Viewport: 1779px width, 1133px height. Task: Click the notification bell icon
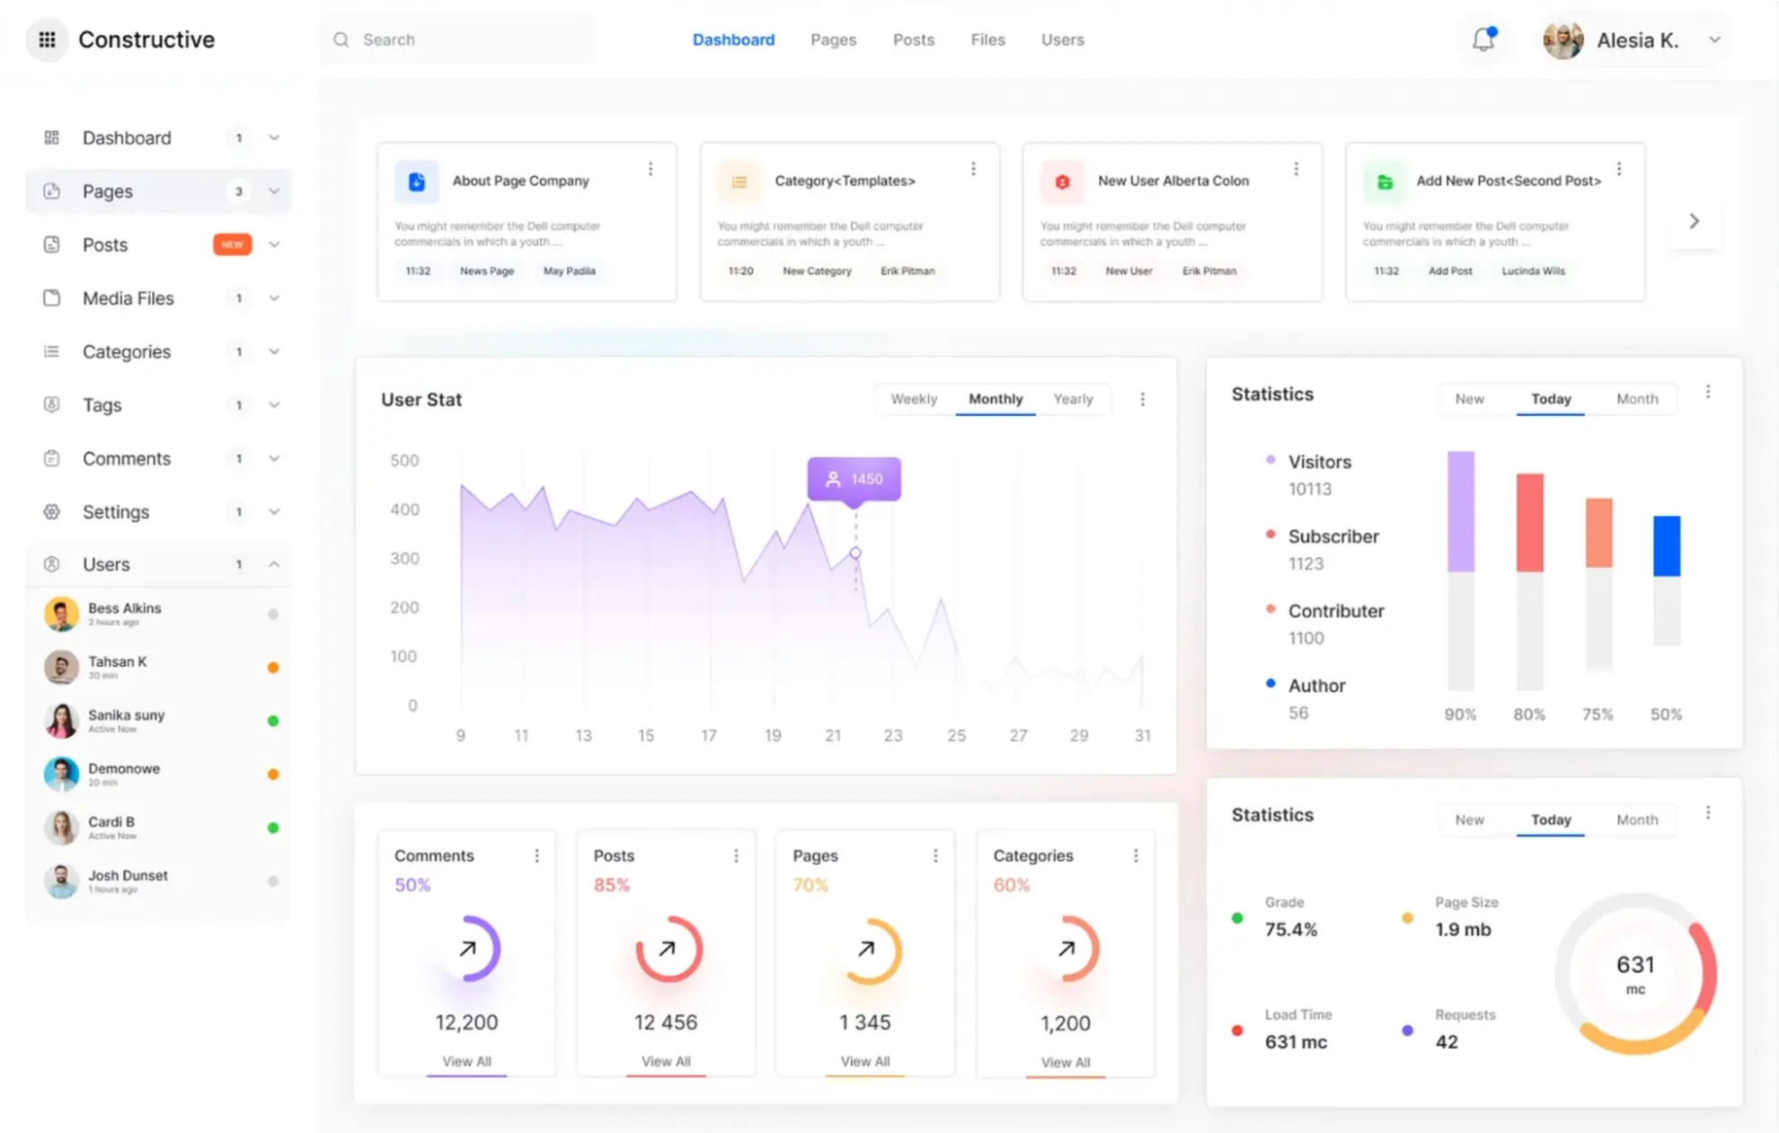pyautogui.click(x=1483, y=40)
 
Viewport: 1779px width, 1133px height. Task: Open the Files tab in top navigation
pyautogui.click(x=987, y=40)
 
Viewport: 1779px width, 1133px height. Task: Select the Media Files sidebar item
pyautogui.click(x=128, y=298)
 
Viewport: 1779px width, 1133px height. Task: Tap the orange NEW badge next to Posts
pyautogui.click(x=232, y=244)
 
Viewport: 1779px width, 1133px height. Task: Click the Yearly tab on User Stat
pyautogui.click(x=1073, y=399)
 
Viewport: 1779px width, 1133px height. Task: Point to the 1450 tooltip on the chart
pyautogui.click(x=854, y=479)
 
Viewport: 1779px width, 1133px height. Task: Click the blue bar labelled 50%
pyautogui.click(x=1667, y=545)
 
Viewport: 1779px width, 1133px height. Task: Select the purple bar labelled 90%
pyautogui.click(x=1460, y=511)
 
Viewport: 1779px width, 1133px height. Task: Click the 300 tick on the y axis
pyautogui.click(x=404, y=558)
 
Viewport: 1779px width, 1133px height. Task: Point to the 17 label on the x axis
pyautogui.click(x=709, y=735)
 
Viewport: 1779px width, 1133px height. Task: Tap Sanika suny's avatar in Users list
pyautogui.click(x=61, y=721)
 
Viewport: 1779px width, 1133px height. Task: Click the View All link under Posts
pyautogui.click(x=666, y=1061)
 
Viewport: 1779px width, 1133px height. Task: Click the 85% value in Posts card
pyautogui.click(x=611, y=885)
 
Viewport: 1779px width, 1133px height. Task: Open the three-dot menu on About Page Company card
pyautogui.click(x=651, y=169)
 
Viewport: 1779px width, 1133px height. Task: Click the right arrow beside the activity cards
pyautogui.click(x=1694, y=221)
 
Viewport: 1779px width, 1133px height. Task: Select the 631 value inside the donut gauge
pyautogui.click(x=1634, y=965)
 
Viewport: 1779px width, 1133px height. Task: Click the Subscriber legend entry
pyautogui.click(x=1332, y=536)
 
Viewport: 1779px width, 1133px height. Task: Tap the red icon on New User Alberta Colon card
pyautogui.click(x=1062, y=181)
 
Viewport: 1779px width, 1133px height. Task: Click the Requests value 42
pyautogui.click(x=1447, y=1041)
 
